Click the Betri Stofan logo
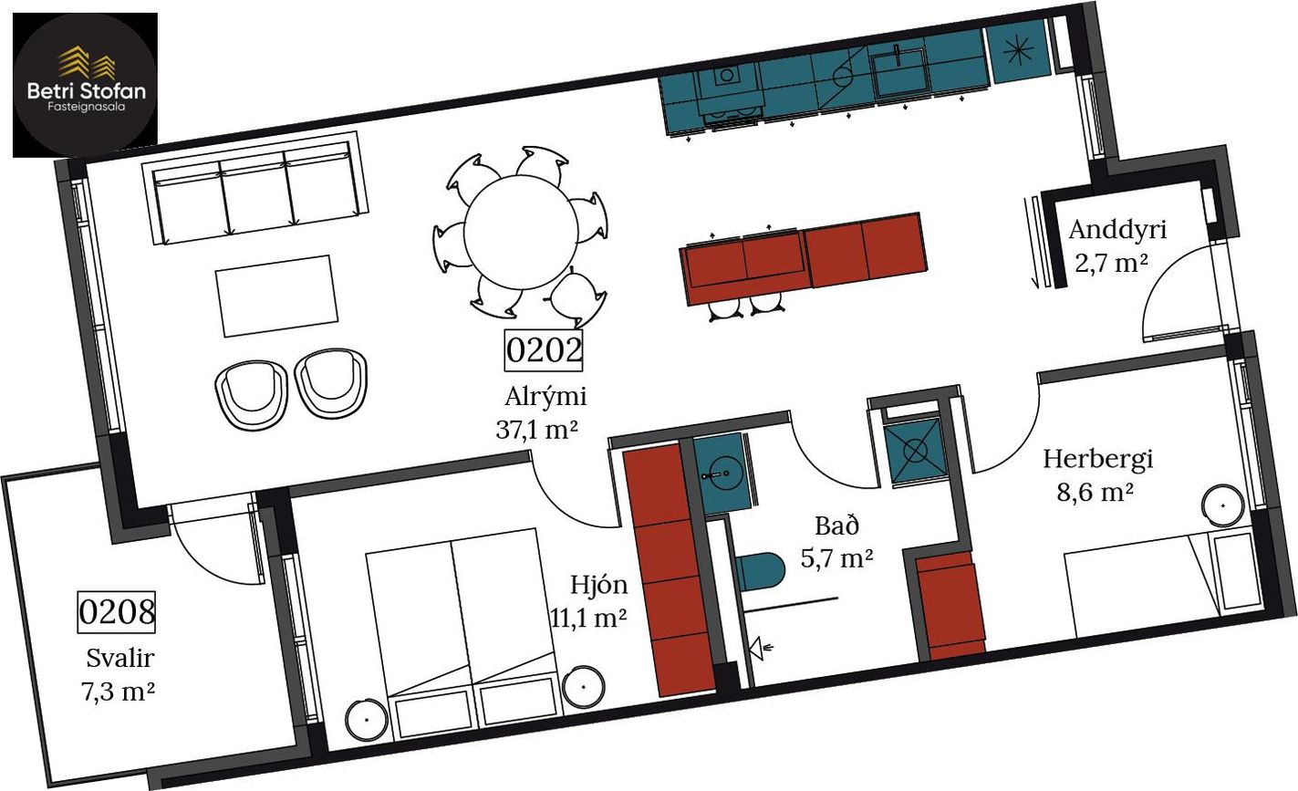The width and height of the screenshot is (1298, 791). pyautogui.click(x=85, y=85)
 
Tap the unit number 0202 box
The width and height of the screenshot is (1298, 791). pyautogui.click(x=544, y=350)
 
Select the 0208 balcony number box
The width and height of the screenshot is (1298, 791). pyautogui.click(x=117, y=611)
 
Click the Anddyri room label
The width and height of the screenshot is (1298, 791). pyautogui.click(x=1117, y=230)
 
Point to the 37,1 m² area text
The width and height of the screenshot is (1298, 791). pyautogui.click(x=536, y=430)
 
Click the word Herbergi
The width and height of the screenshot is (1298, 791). pyautogui.click(x=1097, y=460)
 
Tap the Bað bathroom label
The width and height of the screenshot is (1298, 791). pyautogui.click(x=836, y=526)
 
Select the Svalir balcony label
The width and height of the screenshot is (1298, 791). pyautogui.click(x=120, y=659)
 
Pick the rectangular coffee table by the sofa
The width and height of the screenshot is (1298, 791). pyautogui.click(x=276, y=296)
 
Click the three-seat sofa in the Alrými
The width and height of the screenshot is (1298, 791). pyautogui.click(x=255, y=188)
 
